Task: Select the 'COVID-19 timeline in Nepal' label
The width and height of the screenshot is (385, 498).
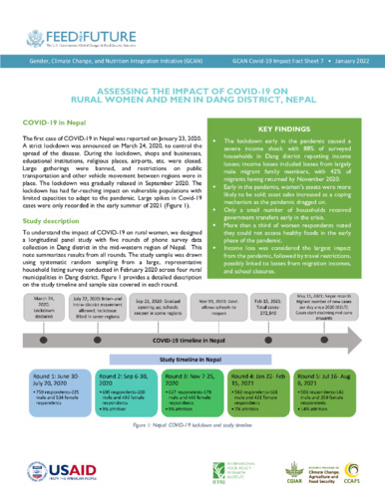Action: point(193,367)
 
